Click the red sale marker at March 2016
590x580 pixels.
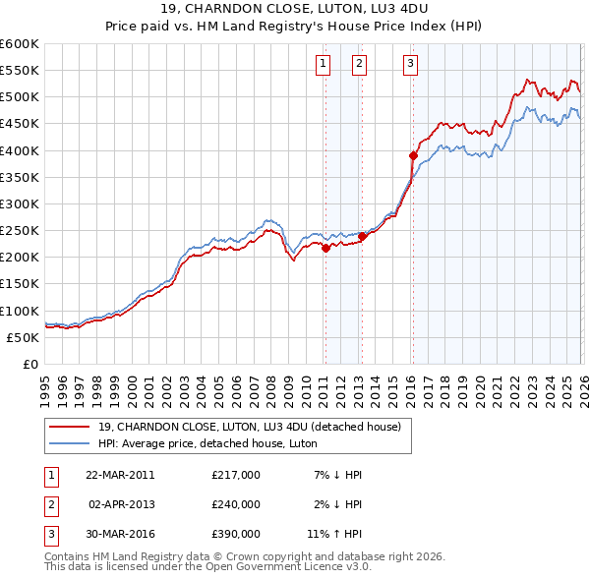click(413, 155)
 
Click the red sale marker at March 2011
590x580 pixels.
click(325, 248)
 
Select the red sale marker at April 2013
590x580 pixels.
click(361, 236)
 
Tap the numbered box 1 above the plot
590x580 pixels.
click(324, 65)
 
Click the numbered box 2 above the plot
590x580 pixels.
click(359, 65)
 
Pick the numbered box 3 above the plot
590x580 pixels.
click(410, 65)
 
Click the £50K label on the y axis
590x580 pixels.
click(23, 337)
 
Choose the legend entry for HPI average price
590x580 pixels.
click(222, 443)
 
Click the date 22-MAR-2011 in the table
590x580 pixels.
click(120, 475)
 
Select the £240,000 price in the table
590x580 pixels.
click(236, 504)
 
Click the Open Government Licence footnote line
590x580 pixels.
click(207, 567)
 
